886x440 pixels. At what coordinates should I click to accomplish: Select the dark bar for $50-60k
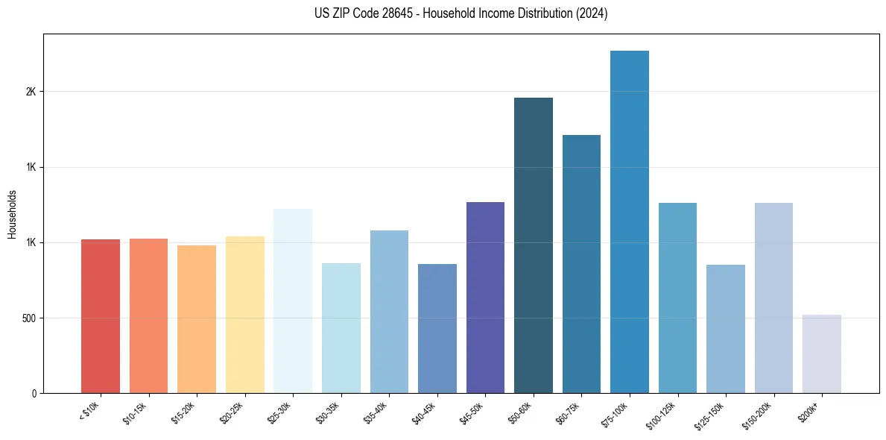pos(533,245)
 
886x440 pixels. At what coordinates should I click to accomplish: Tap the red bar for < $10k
pos(101,316)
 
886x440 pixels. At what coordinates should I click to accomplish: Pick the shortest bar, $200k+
pos(821,354)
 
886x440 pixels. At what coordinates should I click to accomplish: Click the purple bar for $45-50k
pos(485,298)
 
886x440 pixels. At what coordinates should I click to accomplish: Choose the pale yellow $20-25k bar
pos(244,315)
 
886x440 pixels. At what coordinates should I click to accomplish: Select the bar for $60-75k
pos(581,264)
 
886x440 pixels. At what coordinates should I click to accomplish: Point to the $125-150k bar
pos(725,329)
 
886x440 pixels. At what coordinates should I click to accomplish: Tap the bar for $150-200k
pos(773,298)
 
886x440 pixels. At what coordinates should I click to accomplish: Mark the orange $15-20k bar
pos(197,319)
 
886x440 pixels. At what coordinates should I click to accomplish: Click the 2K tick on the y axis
pos(31,92)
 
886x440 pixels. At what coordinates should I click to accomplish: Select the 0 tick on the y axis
pos(34,394)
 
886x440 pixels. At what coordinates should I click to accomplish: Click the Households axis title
pos(12,213)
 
